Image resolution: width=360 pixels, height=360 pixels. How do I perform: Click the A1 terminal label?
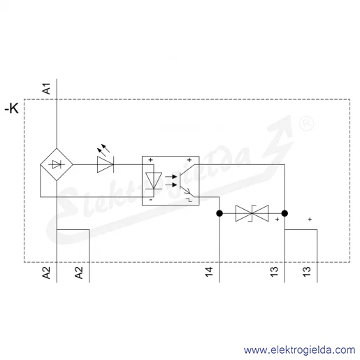click(x=47, y=89)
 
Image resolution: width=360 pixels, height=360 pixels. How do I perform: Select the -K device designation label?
click(x=12, y=108)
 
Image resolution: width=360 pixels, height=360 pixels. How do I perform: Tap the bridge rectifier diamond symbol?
click(x=57, y=164)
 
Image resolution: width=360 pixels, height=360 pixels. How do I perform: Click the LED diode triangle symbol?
click(x=106, y=164)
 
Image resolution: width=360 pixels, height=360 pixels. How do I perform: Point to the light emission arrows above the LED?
click(x=103, y=150)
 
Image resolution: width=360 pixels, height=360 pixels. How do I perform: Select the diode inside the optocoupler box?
click(x=154, y=180)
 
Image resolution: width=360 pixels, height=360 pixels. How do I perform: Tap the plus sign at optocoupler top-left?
click(x=150, y=160)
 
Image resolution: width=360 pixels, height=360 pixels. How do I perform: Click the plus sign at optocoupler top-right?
click(x=189, y=160)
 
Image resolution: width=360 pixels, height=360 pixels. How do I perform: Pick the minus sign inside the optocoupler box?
click(x=151, y=200)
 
